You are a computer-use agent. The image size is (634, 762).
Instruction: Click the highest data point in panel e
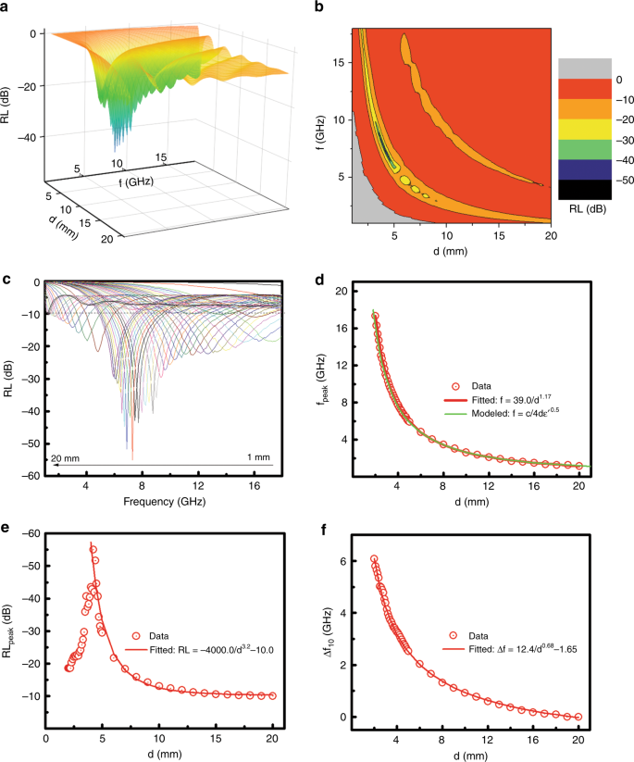pos(93,549)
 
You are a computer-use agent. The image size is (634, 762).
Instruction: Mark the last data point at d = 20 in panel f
pos(578,717)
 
